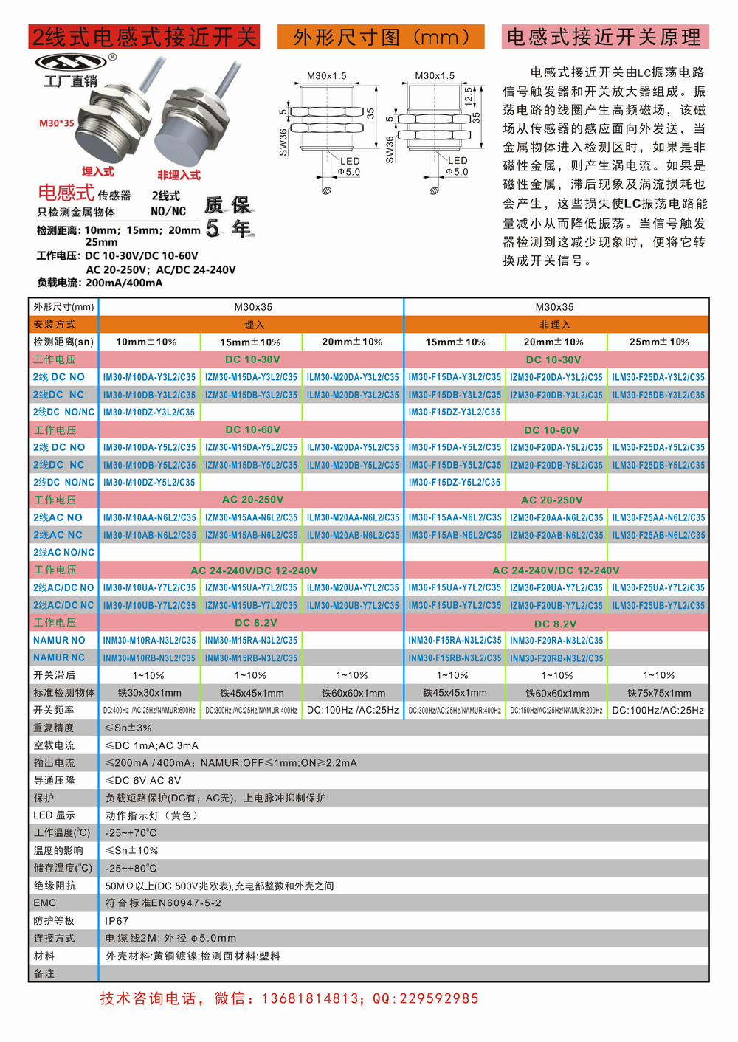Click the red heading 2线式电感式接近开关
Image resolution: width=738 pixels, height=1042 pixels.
point(144,37)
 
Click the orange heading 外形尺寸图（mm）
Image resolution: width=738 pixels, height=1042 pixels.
point(381,37)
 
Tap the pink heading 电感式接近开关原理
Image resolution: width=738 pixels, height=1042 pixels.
point(604,37)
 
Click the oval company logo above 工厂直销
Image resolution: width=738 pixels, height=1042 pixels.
point(71,61)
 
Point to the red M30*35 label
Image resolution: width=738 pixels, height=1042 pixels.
point(57,123)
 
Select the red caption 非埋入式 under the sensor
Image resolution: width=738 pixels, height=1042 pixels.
point(179,175)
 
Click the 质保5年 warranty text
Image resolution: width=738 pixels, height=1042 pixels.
point(228,216)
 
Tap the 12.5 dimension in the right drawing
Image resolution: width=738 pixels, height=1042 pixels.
point(468,95)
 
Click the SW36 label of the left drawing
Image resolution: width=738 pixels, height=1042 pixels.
point(283,142)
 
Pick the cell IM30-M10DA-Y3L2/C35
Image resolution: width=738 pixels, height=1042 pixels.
point(149,377)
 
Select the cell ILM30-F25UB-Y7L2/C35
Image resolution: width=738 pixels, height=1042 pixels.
point(658,605)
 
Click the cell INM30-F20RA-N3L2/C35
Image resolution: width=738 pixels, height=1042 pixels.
point(556,641)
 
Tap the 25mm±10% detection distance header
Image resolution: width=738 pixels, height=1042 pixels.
point(659,342)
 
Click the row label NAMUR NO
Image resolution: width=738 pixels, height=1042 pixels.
point(59,641)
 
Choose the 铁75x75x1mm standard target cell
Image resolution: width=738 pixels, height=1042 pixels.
point(659,693)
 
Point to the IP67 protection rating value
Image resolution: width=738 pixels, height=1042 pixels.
point(117,921)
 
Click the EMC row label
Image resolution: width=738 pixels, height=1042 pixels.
point(44,903)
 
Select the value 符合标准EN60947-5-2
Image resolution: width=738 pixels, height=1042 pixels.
point(163,903)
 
